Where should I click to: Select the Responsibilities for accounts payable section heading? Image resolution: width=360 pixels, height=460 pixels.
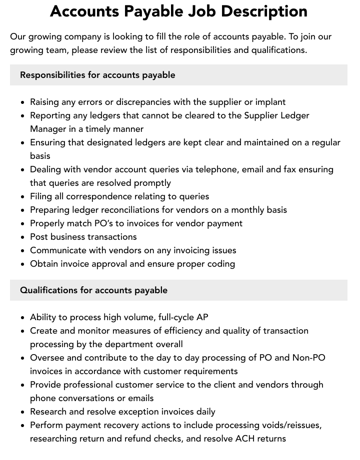coord(97,75)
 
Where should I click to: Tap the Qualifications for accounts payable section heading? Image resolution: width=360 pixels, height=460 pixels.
coord(93,290)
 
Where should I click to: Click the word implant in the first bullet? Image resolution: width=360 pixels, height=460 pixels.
coord(270,102)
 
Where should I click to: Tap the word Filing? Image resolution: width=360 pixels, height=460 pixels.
coord(41,196)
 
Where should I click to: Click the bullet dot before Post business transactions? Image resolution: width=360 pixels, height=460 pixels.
coord(23,237)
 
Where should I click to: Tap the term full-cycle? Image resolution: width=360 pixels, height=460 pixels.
coord(174,317)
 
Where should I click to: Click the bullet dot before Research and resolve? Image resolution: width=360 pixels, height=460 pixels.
coord(23,412)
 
